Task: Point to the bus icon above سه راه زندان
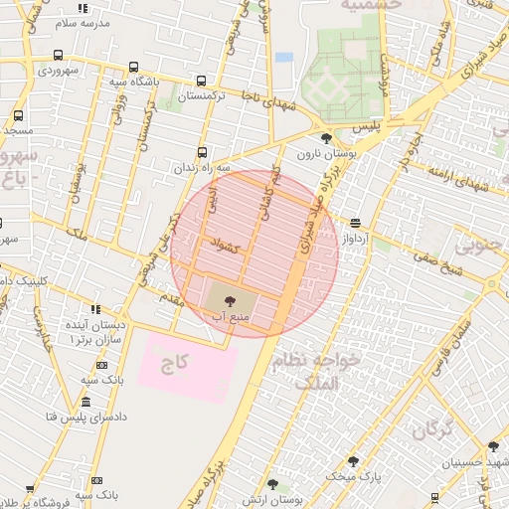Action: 203,152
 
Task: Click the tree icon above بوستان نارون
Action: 327,137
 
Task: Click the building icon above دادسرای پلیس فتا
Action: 85,403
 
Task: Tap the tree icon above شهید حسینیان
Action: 493,446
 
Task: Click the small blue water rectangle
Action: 285,57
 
